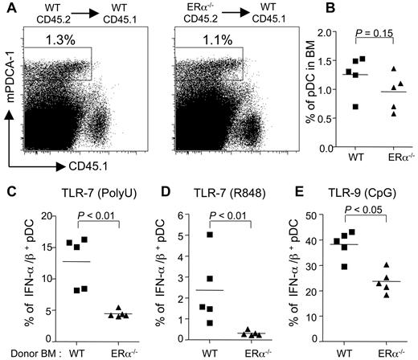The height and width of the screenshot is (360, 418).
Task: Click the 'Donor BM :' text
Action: pyautogui.click(x=26, y=350)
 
